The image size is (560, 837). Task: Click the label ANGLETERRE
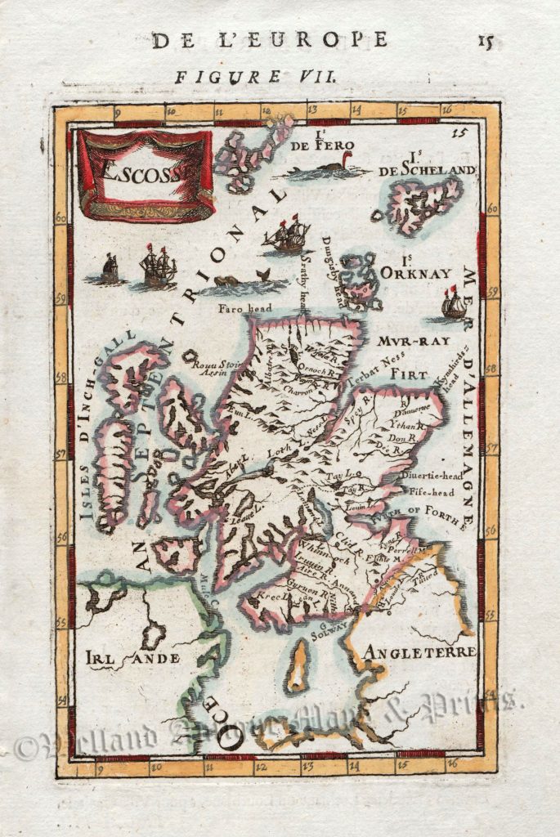[x=420, y=651]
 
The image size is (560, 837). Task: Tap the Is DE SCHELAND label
[x=427, y=163]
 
